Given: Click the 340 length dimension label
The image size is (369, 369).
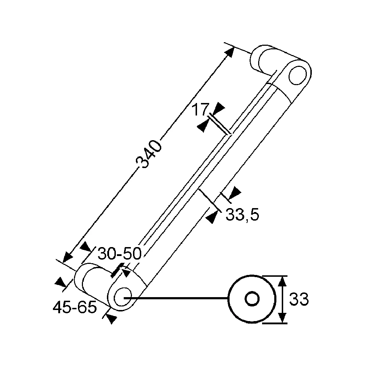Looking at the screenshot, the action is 149,154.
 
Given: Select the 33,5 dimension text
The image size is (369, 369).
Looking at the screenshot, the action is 242,215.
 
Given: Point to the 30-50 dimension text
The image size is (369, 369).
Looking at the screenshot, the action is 119,254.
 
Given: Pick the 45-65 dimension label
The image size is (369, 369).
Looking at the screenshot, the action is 75,307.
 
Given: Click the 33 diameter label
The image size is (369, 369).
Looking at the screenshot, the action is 299,299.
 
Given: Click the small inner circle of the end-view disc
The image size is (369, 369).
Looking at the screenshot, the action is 252,299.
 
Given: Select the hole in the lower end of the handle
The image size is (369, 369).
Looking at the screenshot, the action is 123,297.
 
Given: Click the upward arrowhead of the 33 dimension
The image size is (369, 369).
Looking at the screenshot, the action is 282,281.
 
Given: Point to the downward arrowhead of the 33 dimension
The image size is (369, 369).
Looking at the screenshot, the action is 282,318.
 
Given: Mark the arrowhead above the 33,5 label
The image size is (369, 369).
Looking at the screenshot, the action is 235,193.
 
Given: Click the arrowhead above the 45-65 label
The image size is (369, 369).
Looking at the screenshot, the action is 60,282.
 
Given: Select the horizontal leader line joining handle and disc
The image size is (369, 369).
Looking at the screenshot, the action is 176,299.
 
